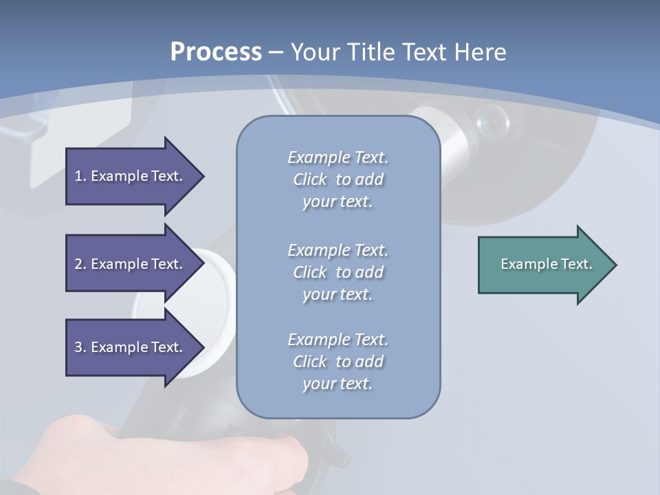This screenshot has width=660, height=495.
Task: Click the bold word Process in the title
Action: (x=216, y=52)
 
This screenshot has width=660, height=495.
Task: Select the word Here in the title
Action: (x=480, y=52)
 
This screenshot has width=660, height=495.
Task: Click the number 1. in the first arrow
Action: (x=80, y=176)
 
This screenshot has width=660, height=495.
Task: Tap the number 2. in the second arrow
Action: (x=80, y=264)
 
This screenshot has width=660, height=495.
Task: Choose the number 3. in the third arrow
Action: (x=80, y=347)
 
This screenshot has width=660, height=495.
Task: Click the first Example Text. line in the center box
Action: (x=338, y=157)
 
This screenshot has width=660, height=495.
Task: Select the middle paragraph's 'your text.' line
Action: (x=337, y=294)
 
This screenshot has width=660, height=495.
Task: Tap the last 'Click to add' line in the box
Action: (x=338, y=362)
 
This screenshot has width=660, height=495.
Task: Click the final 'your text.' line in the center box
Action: (x=337, y=384)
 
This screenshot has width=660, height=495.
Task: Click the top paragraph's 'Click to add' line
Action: (x=338, y=179)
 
